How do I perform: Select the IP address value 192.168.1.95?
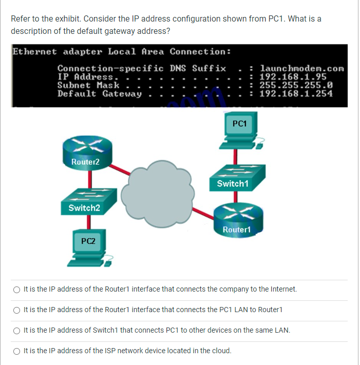click(293, 76)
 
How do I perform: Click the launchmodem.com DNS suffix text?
click(302, 68)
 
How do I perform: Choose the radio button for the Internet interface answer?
click(17, 290)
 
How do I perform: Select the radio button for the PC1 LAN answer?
click(17, 310)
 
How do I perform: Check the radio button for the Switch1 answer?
click(17, 331)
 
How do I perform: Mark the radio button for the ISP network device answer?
click(17, 351)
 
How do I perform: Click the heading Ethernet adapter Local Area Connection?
click(121, 52)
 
